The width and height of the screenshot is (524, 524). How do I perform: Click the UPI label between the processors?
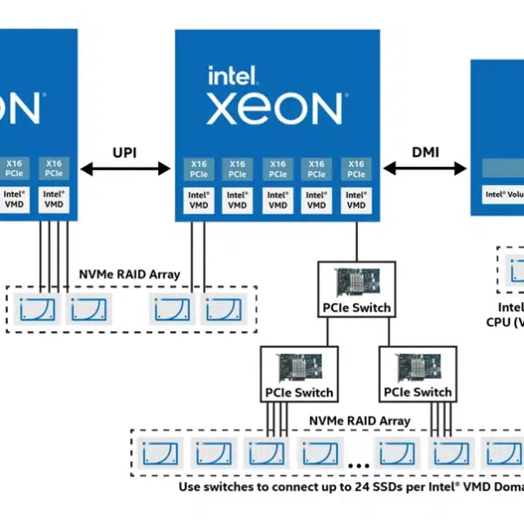coord(124,152)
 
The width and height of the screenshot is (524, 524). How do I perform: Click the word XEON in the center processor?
coord(274,109)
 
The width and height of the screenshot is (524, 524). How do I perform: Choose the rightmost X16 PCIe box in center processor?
coord(356,169)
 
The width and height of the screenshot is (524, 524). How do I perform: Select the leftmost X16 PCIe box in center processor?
coord(198,169)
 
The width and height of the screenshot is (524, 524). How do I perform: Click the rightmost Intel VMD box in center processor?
coord(356,200)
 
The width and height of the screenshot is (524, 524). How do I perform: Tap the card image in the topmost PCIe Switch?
coord(356,283)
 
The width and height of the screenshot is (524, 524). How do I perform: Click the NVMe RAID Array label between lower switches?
coord(359,421)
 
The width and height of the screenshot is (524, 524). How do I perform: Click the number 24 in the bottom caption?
coord(342,486)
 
